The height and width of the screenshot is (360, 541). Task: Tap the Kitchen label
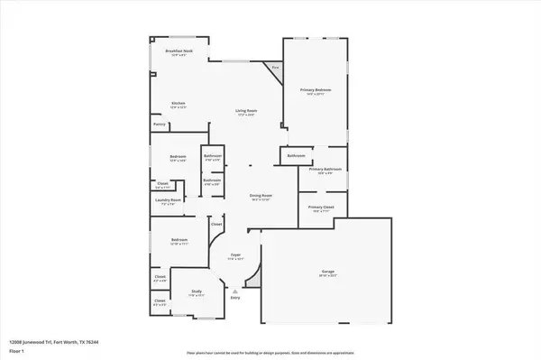click(179, 105)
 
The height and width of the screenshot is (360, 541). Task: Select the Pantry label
click(159, 125)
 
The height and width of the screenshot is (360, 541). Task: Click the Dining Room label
click(261, 196)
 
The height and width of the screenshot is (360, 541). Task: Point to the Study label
click(197, 291)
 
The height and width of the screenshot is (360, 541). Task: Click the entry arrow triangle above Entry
click(235, 292)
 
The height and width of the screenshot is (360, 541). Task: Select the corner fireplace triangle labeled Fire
click(275, 69)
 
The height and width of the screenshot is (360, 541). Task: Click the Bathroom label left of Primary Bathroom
click(296, 156)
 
